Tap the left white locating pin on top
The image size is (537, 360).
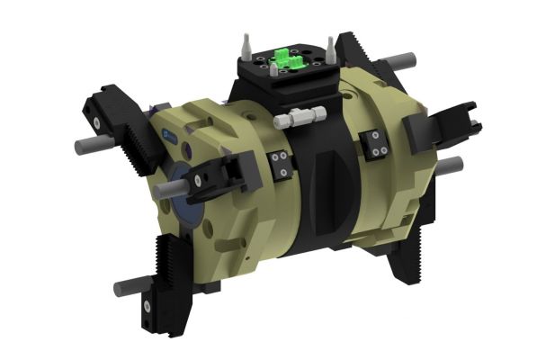tap(244, 44)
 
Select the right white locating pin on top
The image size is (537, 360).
tap(330, 45)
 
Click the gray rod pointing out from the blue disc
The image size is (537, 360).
tap(168, 190)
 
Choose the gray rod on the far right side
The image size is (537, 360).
tap(452, 165)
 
